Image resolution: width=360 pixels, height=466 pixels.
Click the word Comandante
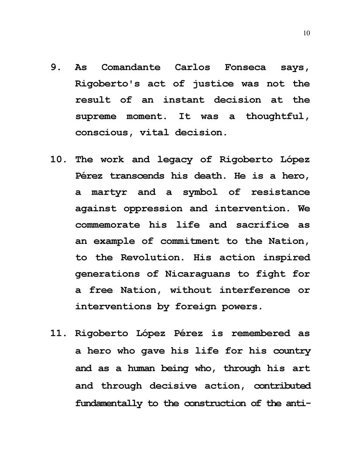131,68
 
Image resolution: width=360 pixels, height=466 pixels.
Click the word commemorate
108,225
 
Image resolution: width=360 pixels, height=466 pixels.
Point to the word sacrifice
262,225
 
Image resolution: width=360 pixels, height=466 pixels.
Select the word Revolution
154,257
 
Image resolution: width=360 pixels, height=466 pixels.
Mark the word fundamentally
109,403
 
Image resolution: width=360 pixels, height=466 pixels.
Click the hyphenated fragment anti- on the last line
297,403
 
